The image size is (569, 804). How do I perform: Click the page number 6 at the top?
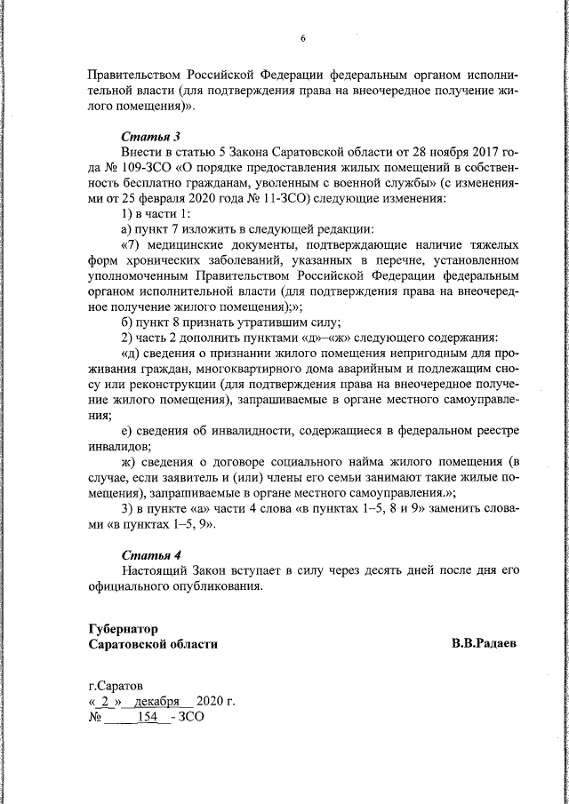pos(302,38)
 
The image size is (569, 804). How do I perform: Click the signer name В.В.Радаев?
pos(484,643)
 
